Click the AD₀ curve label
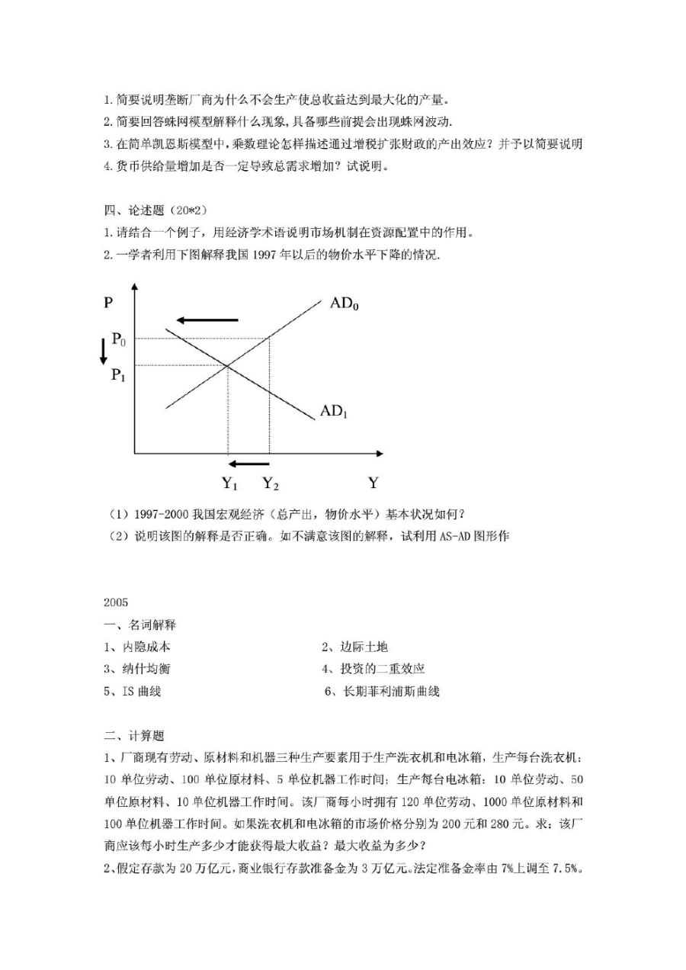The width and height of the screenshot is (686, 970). coord(345,304)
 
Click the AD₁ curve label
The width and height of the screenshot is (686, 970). coord(334,412)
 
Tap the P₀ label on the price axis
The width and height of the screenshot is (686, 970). coord(119,338)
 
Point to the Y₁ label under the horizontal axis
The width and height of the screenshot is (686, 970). coord(230,483)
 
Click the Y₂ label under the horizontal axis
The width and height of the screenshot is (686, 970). coord(271,483)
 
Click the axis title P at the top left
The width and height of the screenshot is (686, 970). coord(108,302)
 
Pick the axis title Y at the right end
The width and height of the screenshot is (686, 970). coord(373,483)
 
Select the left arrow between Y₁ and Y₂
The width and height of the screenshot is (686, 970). coord(249,463)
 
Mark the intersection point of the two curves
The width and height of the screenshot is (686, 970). coord(228,366)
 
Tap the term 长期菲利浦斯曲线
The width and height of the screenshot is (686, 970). coord(388,692)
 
